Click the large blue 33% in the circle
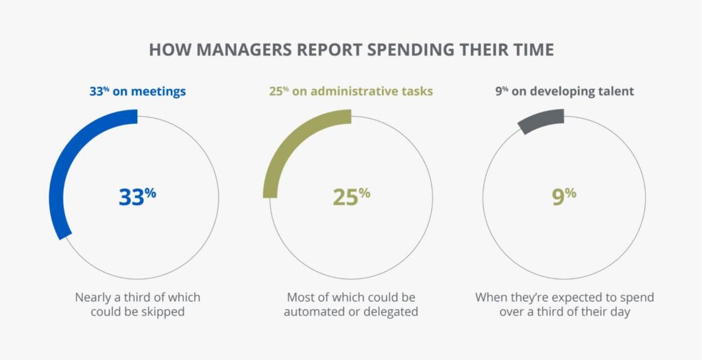[137, 196]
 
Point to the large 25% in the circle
[351, 196]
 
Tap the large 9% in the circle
[564, 196]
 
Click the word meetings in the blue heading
[160, 91]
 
